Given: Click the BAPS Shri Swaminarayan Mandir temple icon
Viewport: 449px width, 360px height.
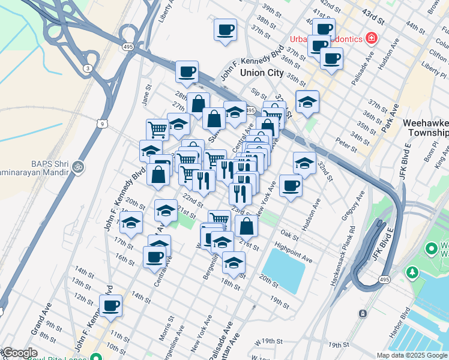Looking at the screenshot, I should (x=77, y=166).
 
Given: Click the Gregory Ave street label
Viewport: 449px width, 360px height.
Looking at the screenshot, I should (x=354, y=205).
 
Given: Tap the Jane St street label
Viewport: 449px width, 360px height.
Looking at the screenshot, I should (x=145, y=95).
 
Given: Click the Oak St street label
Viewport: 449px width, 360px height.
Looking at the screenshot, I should (x=289, y=234).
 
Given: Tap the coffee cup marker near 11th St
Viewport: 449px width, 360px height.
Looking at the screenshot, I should (x=110, y=305).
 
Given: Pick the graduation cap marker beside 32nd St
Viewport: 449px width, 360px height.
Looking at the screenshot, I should (x=304, y=163).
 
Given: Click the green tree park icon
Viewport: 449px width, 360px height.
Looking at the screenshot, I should (x=412, y=273).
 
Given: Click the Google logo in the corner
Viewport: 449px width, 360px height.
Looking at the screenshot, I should (x=19, y=353).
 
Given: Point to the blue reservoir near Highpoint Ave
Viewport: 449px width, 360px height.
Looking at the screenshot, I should (x=284, y=269).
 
